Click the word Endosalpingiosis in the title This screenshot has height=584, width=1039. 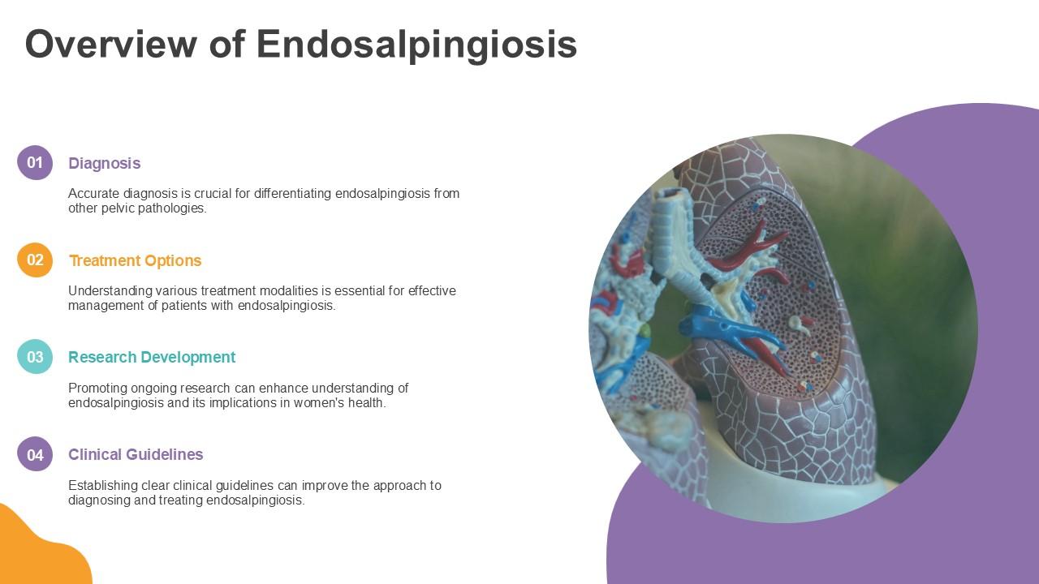pos(416,45)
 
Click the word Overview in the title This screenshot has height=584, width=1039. pos(110,45)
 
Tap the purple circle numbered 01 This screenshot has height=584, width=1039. pos(35,162)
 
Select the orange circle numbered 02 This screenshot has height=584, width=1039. pos(35,260)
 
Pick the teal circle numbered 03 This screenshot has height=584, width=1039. pos(35,357)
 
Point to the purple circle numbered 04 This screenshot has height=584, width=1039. pos(35,454)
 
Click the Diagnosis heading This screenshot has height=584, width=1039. pos(104,163)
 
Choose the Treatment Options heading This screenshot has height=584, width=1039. pos(135,260)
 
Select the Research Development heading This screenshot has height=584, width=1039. pos(152,357)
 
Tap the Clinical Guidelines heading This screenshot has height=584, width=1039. pos(136,454)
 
